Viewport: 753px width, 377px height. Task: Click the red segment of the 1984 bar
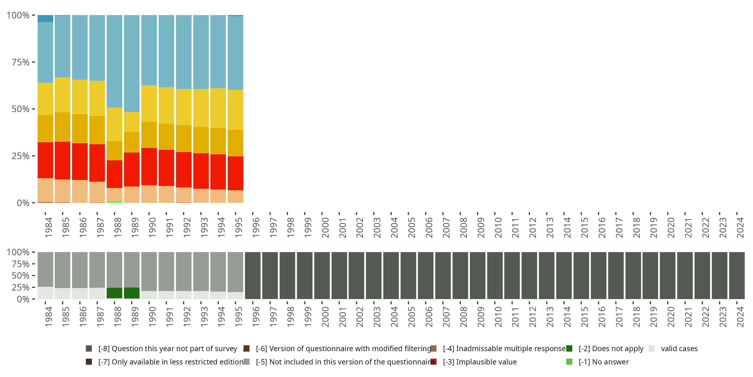click(45, 160)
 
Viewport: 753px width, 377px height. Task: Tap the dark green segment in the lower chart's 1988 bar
click(114, 293)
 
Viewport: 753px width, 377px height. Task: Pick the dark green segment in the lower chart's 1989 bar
click(132, 293)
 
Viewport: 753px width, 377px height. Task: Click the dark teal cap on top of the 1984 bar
click(45, 18)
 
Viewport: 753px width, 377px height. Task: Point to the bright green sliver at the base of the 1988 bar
click(114, 202)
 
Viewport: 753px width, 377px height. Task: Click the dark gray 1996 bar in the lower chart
click(253, 275)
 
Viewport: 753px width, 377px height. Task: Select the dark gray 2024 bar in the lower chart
click(737, 275)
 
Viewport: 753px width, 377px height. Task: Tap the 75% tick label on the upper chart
click(21, 62)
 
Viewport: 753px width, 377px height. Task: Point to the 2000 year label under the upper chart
click(325, 228)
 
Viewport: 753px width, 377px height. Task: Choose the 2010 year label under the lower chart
click(498, 317)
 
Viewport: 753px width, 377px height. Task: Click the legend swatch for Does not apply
click(569, 349)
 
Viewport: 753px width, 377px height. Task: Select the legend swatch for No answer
click(569, 362)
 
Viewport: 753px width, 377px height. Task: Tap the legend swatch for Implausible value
click(434, 362)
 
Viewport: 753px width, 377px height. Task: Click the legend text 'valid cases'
click(679, 349)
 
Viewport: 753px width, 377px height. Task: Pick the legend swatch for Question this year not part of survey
click(89, 349)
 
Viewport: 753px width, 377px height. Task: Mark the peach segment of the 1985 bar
click(62, 191)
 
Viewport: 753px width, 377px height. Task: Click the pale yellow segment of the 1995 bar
click(235, 110)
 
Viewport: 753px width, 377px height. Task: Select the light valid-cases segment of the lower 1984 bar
click(45, 293)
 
